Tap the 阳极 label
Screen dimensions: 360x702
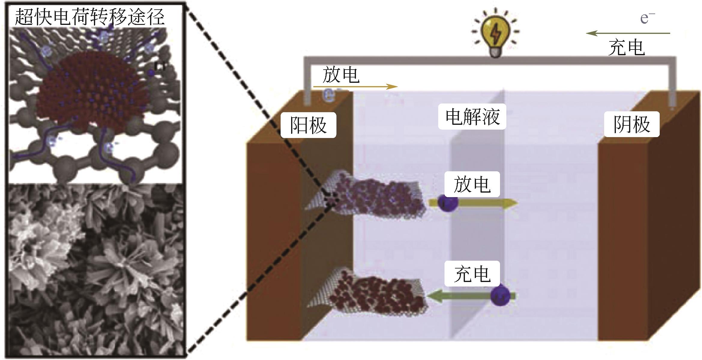[308, 125]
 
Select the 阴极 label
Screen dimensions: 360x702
[631, 124]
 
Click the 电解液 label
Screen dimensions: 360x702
[472, 117]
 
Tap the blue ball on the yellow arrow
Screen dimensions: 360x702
[447, 202]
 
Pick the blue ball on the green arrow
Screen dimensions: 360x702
[500, 295]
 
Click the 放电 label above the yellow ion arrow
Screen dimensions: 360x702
[472, 184]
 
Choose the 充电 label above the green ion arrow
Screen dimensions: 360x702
[472, 274]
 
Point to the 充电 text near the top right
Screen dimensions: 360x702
[626, 47]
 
